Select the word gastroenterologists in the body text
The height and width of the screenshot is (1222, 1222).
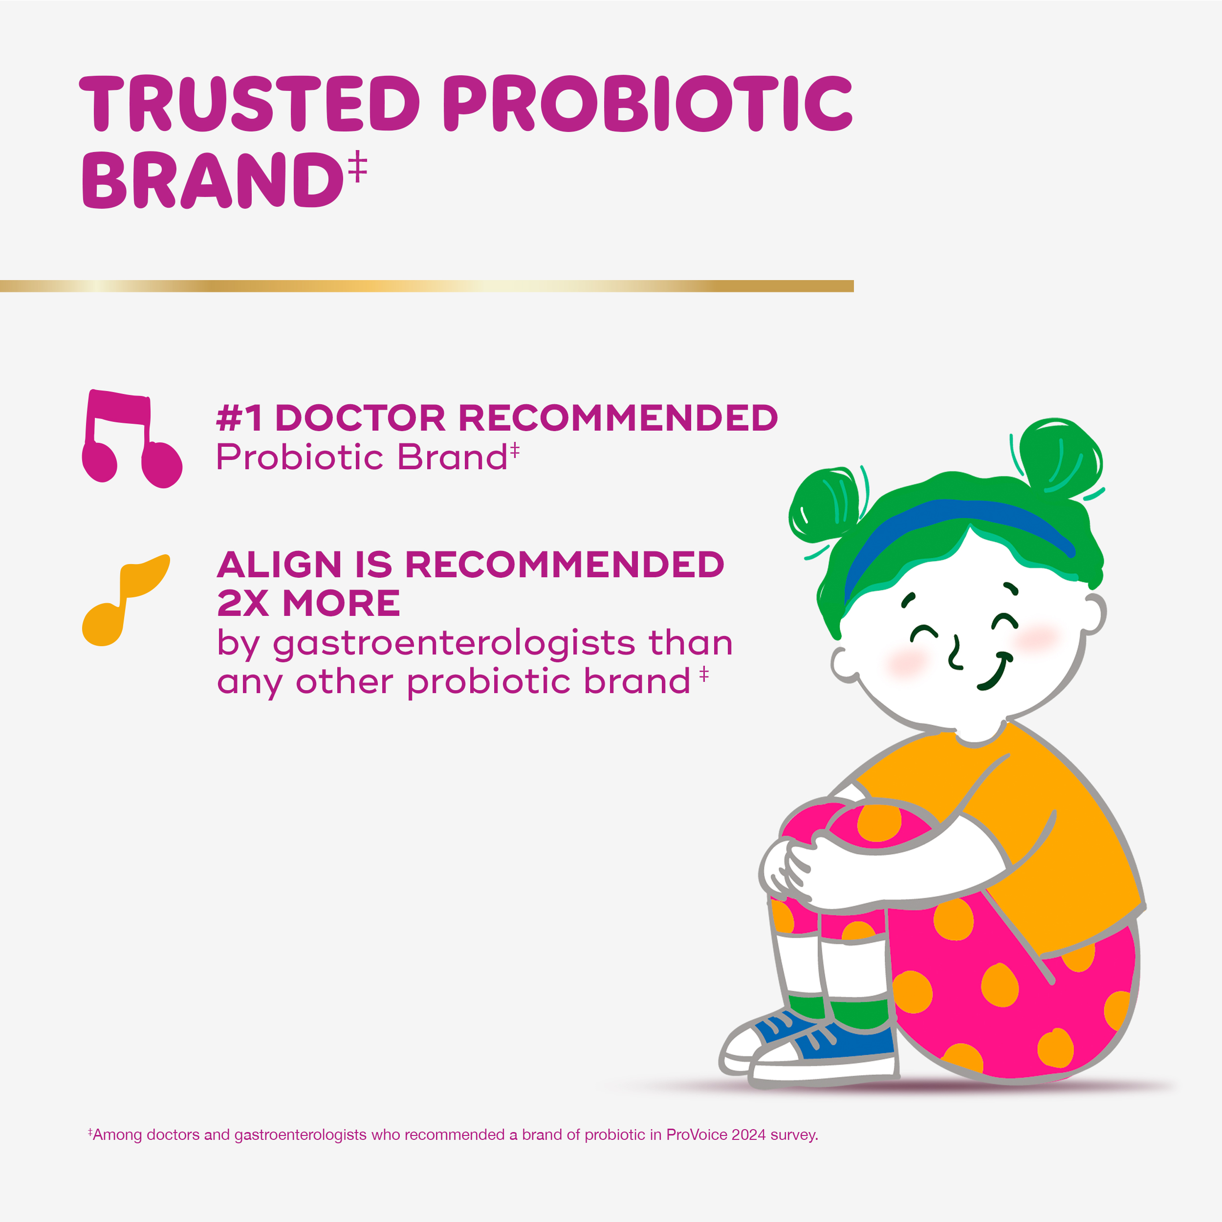pyautogui.click(x=454, y=643)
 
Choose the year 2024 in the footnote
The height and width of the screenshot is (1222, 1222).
pyautogui.click(x=748, y=1135)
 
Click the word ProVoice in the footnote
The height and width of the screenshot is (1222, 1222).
pyautogui.click(x=697, y=1135)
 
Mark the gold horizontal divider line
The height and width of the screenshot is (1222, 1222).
pyautogui.click(x=427, y=286)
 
